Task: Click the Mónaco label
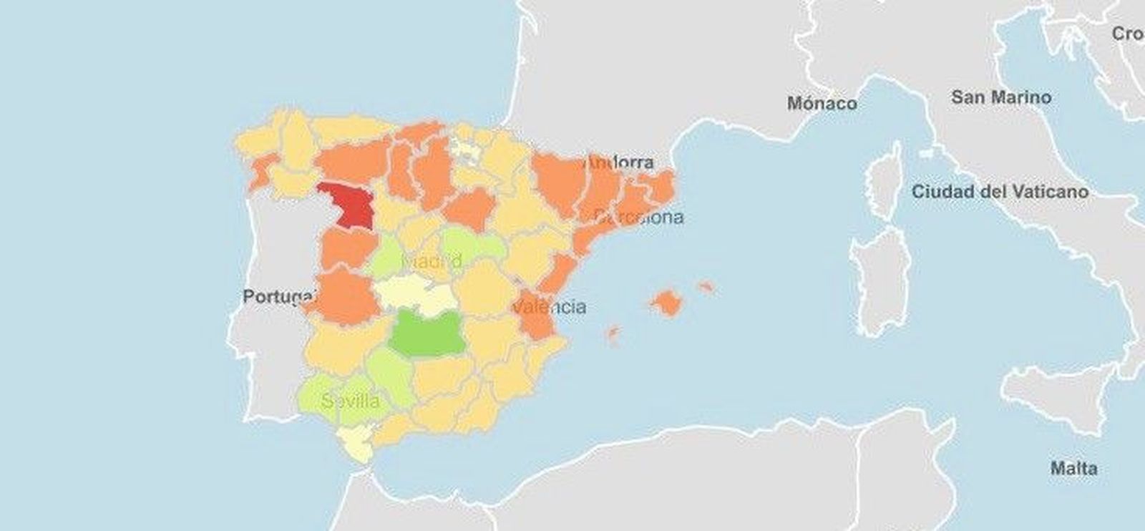click(x=822, y=104)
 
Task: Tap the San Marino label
click(x=1001, y=97)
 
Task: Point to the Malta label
click(x=1073, y=469)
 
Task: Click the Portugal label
click(x=279, y=296)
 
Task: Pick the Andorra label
click(x=620, y=162)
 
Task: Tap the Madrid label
click(x=432, y=262)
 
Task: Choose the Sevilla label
click(x=351, y=401)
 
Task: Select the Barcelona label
click(x=639, y=217)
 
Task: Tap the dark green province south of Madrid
click(x=428, y=332)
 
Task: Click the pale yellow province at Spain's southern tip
click(x=358, y=444)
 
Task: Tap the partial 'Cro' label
click(x=1129, y=34)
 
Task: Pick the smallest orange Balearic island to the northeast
click(x=706, y=287)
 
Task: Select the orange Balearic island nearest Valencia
click(x=613, y=333)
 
